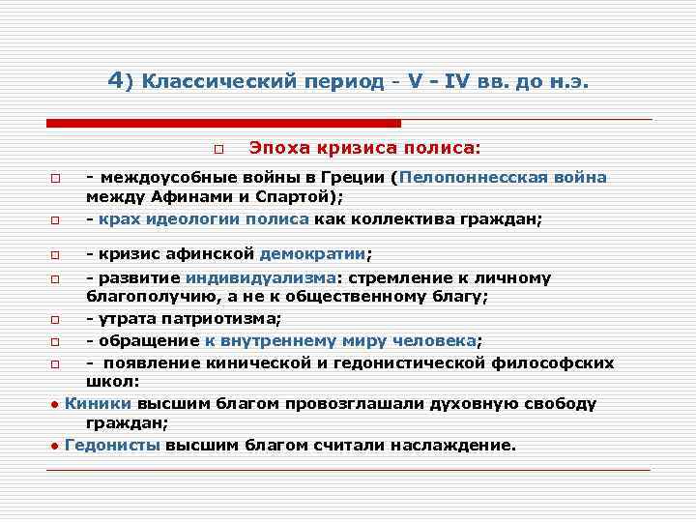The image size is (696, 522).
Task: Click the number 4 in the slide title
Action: click(115, 81)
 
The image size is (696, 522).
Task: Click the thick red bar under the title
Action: click(223, 123)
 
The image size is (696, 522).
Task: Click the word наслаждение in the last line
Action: click(454, 446)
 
